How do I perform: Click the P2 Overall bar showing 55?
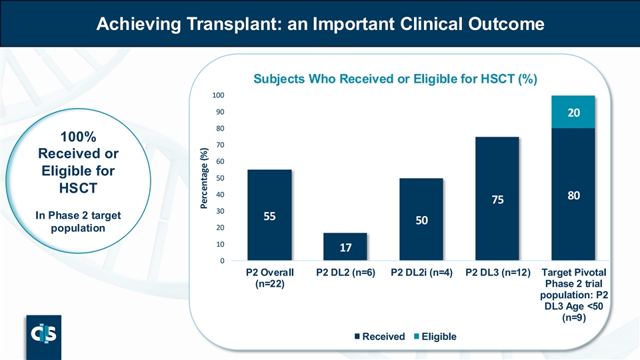[x=269, y=215]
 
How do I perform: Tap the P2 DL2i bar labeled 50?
[x=421, y=219]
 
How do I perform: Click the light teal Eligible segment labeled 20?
[x=572, y=112]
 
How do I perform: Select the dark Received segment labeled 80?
[x=572, y=195]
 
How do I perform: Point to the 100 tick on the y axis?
[x=217, y=95]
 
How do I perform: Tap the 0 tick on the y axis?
[x=221, y=261]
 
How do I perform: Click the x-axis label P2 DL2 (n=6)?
[x=345, y=273]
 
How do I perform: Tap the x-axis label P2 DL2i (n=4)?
[x=421, y=273]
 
